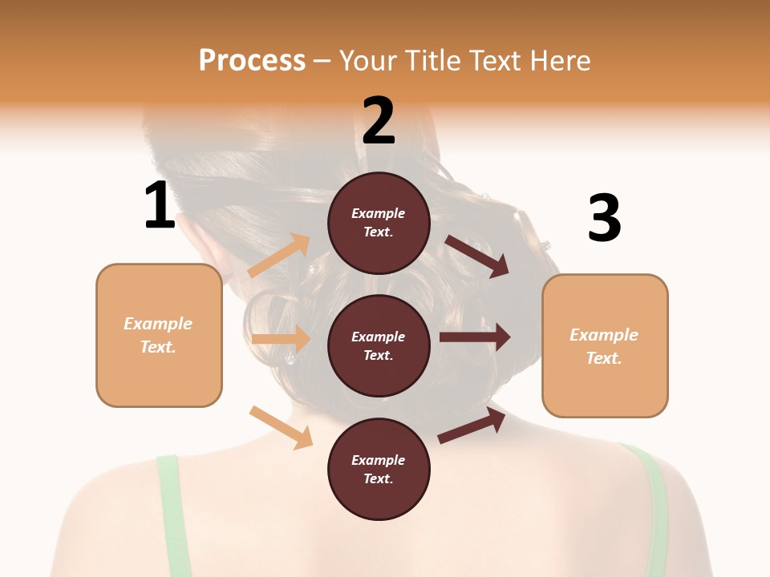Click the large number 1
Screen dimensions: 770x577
160,205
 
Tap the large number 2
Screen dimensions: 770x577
379,121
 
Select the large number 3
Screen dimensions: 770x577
604,218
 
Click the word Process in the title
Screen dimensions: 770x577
252,60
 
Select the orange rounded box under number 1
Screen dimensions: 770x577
159,335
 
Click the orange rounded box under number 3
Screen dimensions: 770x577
605,345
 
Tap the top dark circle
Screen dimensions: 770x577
379,223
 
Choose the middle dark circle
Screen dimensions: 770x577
379,345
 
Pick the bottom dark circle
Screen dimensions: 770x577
379,469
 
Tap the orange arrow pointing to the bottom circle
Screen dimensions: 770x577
282,427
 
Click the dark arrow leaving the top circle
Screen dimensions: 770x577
476,256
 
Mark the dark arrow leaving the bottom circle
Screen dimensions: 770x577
472,426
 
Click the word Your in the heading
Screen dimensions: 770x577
367,60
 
